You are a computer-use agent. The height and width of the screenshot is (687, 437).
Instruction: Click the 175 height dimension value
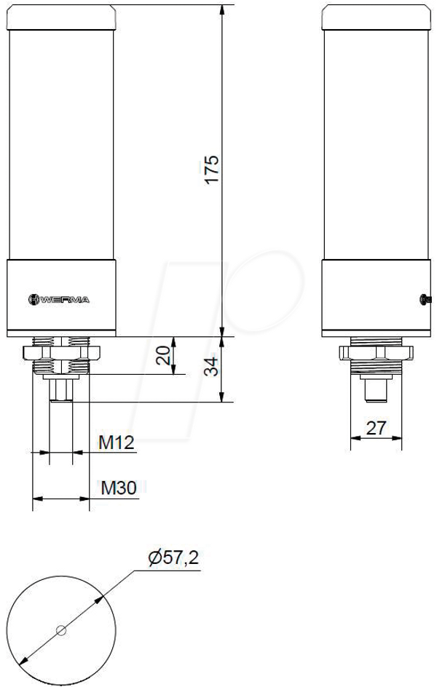(x=212, y=170)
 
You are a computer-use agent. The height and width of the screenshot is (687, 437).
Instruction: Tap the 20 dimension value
(x=163, y=355)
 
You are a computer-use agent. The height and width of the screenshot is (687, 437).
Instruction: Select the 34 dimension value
(x=211, y=366)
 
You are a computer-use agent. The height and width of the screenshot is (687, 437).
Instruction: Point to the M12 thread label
(x=116, y=442)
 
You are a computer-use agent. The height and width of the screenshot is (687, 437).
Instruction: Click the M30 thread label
(x=118, y=488)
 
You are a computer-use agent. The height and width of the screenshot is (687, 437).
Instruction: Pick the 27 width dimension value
(x=376, y=428)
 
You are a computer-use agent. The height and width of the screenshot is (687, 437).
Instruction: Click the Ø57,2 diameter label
(x=173, y=557)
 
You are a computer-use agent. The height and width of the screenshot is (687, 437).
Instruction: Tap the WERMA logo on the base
(x=59, y=300)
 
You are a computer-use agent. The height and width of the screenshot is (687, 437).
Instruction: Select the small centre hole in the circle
(x=61, y=630)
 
